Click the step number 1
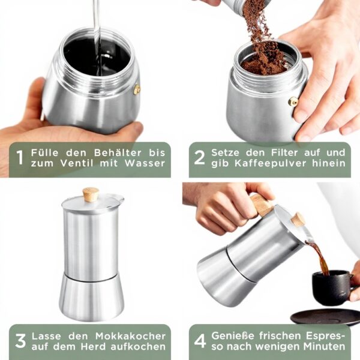[x=20, y=158]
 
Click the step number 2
[x=200, y=158]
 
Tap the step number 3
[x=20, y=341]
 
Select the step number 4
[x=200, y=341]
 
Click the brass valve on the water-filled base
[x=137, y=90]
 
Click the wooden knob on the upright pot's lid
[x=91, y=194]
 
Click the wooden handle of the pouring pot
[x=262, y=205]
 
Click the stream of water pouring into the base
[x=96, y=30]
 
